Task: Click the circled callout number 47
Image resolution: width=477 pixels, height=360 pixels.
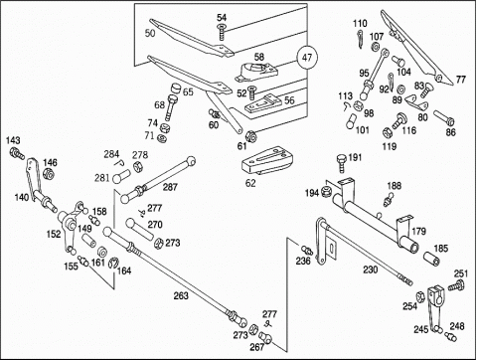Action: coord(307,58)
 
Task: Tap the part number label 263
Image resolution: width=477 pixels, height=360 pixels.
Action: coord(181,295)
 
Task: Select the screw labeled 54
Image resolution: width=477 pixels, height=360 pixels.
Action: coord(222,32)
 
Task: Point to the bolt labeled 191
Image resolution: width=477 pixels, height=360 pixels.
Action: coord(342,162)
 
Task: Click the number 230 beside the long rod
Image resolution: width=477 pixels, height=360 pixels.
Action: coord(370,270)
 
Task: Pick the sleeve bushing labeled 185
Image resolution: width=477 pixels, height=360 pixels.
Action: coord(431,259)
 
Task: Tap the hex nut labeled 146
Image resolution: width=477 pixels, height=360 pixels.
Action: coord(49,173)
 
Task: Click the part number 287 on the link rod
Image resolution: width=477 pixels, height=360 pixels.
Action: coord(170,187)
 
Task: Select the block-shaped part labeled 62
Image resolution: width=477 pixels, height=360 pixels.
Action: coord(266,161)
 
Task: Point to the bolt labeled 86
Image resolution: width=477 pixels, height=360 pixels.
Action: coord(443,118)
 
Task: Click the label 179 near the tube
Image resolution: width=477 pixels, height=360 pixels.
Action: coord(418,231)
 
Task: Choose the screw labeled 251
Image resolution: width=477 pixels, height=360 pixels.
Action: coord(456,285)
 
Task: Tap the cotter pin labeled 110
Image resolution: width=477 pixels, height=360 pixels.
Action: coord(360,39)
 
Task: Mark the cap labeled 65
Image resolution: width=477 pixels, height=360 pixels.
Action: coord(175,90)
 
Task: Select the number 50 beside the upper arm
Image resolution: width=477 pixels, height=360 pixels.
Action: coord(150,33)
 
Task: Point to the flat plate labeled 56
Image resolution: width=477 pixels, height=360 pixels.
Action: coord(264,105)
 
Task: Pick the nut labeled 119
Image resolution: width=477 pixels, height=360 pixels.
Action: coord(387,133)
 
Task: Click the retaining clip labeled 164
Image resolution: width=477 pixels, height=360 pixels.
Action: coord(112,262)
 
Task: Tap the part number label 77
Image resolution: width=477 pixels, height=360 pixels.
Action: coord(461,80)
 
